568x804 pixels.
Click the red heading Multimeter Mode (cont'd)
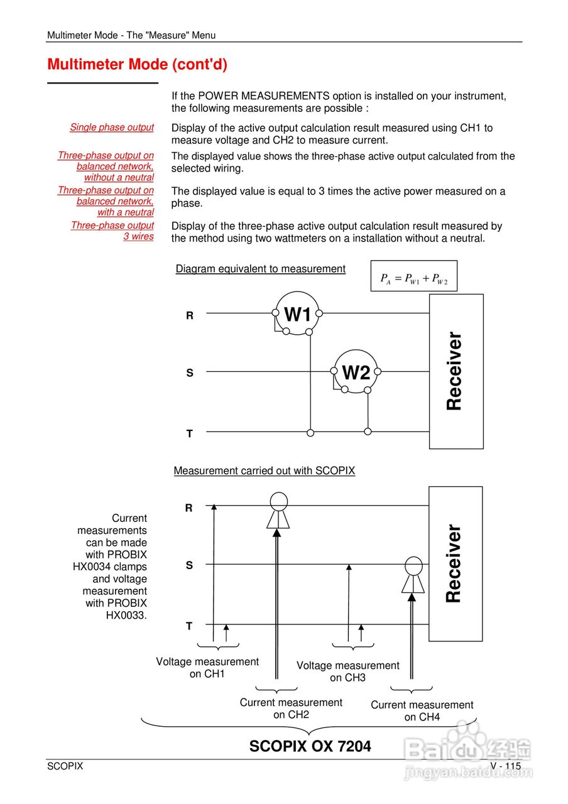137,64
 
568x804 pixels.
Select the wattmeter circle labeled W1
297,313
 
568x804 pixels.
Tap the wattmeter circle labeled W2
356,372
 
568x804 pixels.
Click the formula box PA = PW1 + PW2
413,276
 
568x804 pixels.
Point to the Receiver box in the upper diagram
456,371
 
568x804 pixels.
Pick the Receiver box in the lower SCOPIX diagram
456,563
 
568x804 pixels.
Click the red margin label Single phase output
112,128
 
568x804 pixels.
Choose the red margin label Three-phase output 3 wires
112,231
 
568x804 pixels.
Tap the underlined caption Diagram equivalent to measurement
260,269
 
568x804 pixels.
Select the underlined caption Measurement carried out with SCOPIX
264,470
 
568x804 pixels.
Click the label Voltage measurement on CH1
207,668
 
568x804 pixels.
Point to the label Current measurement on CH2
291,709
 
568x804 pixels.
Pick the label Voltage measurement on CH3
347,671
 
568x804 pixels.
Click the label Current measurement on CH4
422,711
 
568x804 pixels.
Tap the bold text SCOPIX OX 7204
310,746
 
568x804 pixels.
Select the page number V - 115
506,766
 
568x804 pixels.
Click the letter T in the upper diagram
189,433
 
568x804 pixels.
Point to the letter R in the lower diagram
188,508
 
